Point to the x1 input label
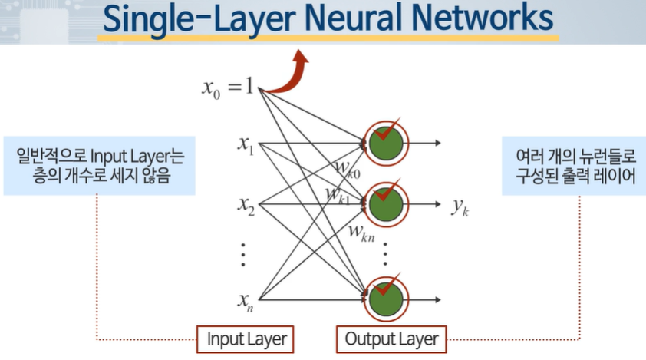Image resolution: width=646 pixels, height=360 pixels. (x=246, y=144)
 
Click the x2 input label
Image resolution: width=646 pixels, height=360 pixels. (x=246, y=205)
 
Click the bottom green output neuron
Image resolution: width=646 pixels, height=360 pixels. (x=387, y=298)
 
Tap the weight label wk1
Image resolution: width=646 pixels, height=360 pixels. (x=338, y=196)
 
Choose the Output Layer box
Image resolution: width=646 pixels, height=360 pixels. (x=391, y=339)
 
